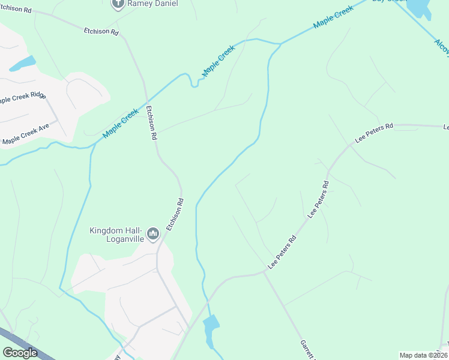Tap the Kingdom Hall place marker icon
tap(152, 233)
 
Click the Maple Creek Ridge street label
tap(22, 98)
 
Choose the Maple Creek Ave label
tap(26, 134)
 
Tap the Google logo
tap(20, 353)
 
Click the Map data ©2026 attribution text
tap(423, 355)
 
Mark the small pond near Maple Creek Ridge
tap(22, 63)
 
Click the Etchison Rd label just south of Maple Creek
tap(151, 123)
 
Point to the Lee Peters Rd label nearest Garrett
tap(282, 251)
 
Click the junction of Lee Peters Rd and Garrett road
tap(264, 272)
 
